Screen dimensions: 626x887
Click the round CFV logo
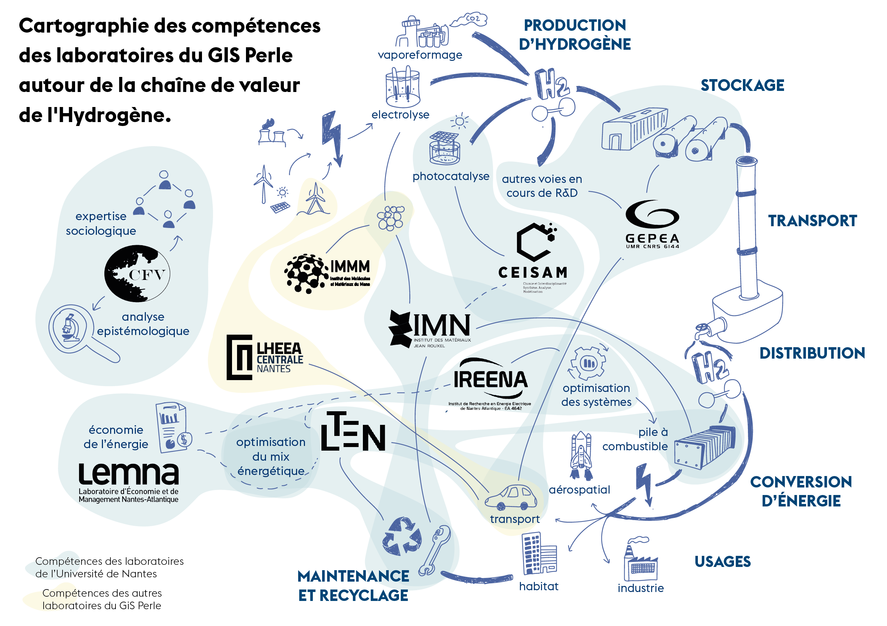click(x=137, y=273)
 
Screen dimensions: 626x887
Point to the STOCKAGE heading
click(x=742, y=86)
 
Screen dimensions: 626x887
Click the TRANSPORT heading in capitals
click(x=812, y=221)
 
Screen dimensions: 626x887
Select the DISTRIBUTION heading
click(x=812, y=353)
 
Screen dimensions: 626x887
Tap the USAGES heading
click(x=723, y=562)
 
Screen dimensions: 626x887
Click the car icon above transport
click(x=511, y=497)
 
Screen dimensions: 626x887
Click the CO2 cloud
click(x=469, y=19)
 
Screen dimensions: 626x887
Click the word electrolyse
click(x=400, y=115)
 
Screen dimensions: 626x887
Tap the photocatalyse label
click(x=451, y=176)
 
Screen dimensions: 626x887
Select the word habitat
click(x=538, y=586)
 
